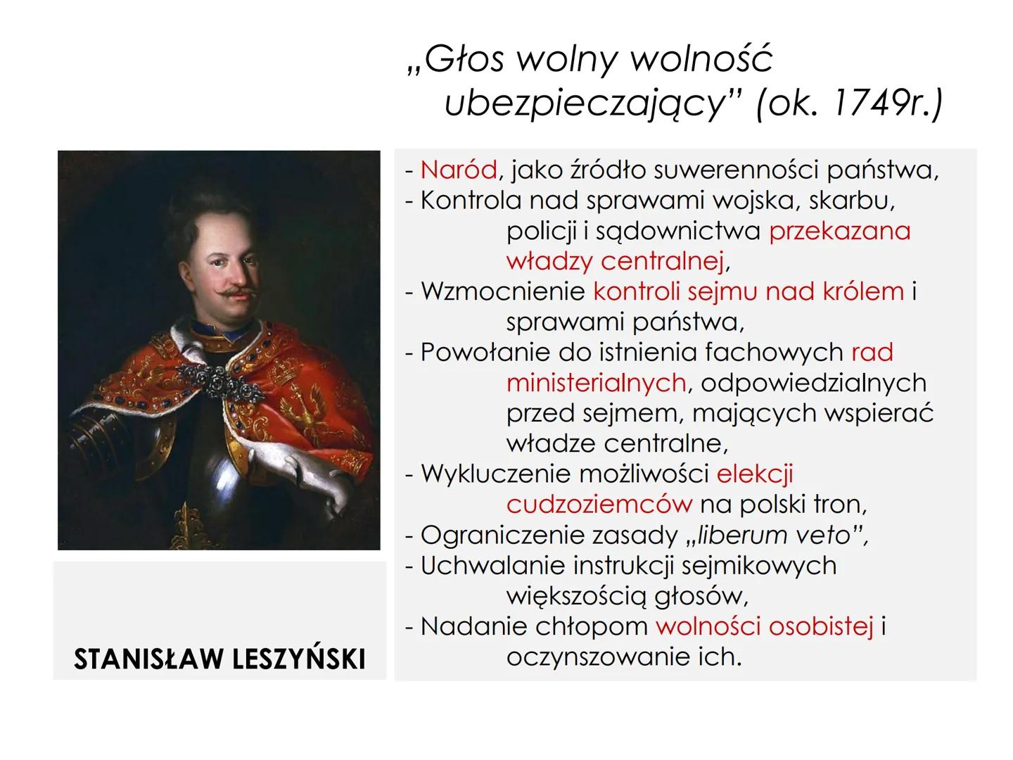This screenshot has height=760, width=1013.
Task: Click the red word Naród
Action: (x=458, y=170)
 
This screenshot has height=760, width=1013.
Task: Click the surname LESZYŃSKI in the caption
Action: (x=298, y=658)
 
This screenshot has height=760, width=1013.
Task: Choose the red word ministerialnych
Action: (x=597, y=384)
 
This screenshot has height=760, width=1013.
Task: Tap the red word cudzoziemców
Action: (x=599, y=505)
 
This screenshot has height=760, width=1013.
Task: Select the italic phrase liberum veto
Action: (x=774, y=536)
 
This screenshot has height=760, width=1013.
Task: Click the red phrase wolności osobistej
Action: (x=765, y=626)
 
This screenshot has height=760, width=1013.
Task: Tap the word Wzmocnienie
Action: (x=503, y=291)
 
